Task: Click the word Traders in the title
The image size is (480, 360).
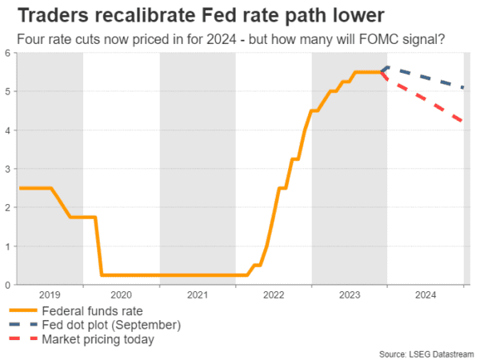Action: coord(47,15)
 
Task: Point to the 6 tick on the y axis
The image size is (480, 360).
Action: coord(8,54)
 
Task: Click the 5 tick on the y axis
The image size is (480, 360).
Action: coord(8,92)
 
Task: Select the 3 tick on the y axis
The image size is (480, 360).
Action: coord(8,170)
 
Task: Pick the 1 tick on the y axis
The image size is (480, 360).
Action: coord(8,246)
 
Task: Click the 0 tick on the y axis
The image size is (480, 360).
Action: coord(8,285)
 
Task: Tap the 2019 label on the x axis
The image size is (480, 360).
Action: coord(50,295)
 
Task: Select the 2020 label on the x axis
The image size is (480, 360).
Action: coord(121,295)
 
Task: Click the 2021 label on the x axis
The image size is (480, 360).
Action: coord(197,295)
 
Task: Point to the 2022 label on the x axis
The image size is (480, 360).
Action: coord(274,295)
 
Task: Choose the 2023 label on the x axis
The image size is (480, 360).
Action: coord(350,295)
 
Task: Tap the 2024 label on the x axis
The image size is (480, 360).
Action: coord(426,295)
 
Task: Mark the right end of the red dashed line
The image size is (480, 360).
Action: coord(464,122)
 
